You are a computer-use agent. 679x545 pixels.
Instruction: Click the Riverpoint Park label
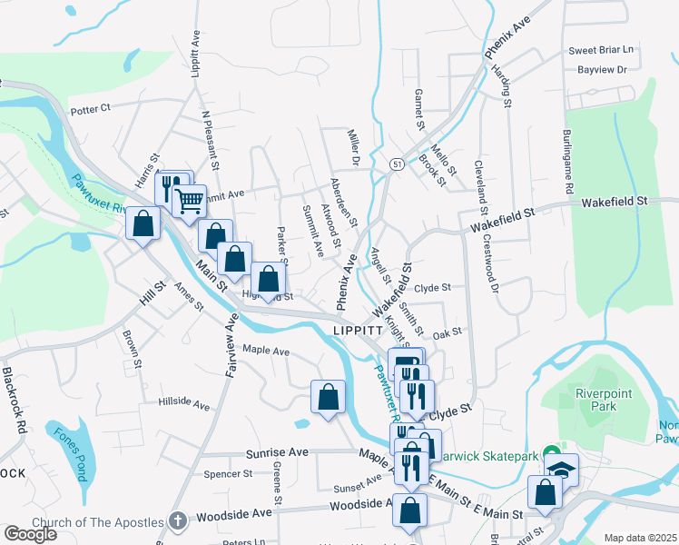pyautogui.click(x=595, y=400)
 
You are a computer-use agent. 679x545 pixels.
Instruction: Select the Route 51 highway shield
pyautogui.click(x=398, y=163)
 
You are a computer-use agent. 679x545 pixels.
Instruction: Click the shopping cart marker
pyautogui.click(x=190, y=200)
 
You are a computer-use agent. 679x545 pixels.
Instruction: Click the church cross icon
pyautogui.click(x=178, y=522)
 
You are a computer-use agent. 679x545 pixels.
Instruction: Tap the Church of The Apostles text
pyautogui.click(x=97, y=522)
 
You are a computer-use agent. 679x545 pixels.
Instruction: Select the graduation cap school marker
pyautogui.click(x=562, y=470)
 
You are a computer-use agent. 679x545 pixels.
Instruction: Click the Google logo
pyautogui.click(x=30, y=533)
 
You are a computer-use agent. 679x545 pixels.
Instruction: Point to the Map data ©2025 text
pyautogui.click(x=640, y=538)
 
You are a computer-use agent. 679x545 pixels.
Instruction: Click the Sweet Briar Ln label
pyautogui.click(x=601, y=50)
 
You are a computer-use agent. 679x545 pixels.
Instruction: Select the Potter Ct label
pyautogui.click(x=90, y=108)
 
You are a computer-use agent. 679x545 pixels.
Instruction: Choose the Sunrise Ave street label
pyautogui.click(x=278, y=452)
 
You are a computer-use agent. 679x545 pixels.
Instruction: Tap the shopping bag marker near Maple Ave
pyautogui.click(x=328, y=396)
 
